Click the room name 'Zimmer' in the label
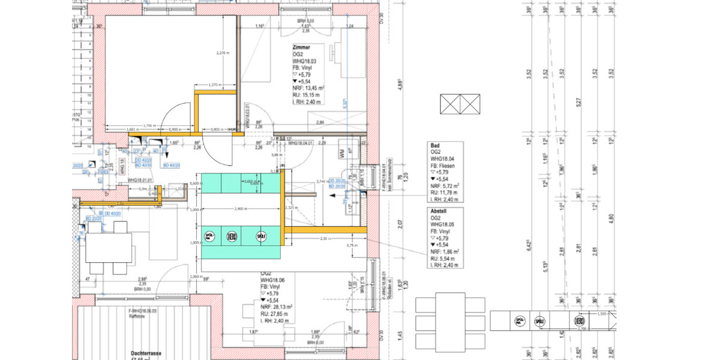[x=301, y=47]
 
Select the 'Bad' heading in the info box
[x=436, y=146]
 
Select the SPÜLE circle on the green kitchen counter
[x=260, y=236]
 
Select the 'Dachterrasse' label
[x=147, y=354]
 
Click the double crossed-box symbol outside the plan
[x=460, y=104]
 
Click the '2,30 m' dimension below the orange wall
[x=324, y=239]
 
